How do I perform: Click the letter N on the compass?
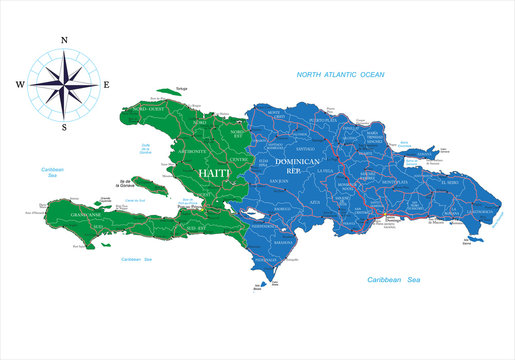(64, 41)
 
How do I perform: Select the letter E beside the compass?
(107, 85)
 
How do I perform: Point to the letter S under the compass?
(64, 128)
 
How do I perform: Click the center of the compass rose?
(64, 85)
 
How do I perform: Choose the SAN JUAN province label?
(282, 181)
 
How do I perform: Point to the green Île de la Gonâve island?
(151, 186)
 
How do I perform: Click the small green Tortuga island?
(180, 96)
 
